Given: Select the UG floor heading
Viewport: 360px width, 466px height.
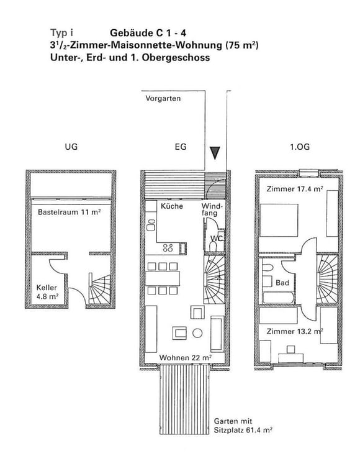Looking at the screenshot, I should (x=71, y=148).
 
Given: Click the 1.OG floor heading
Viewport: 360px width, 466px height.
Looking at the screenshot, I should (x=300, y=148).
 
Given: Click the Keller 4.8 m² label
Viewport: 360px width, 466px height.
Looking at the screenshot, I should (x=48, y=292).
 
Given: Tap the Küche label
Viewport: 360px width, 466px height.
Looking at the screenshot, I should (x=171, y=206).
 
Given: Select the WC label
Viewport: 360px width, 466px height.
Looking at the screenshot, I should (x=217, y=239).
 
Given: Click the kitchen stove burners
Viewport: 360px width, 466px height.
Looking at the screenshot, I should (x=168, y=248).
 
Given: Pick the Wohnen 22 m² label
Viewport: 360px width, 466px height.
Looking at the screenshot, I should (x=186, y=358).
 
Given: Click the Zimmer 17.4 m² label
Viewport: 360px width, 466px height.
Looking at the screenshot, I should (x=294, y=188).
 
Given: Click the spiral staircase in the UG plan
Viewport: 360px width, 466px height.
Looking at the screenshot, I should (x=101, y=288).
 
